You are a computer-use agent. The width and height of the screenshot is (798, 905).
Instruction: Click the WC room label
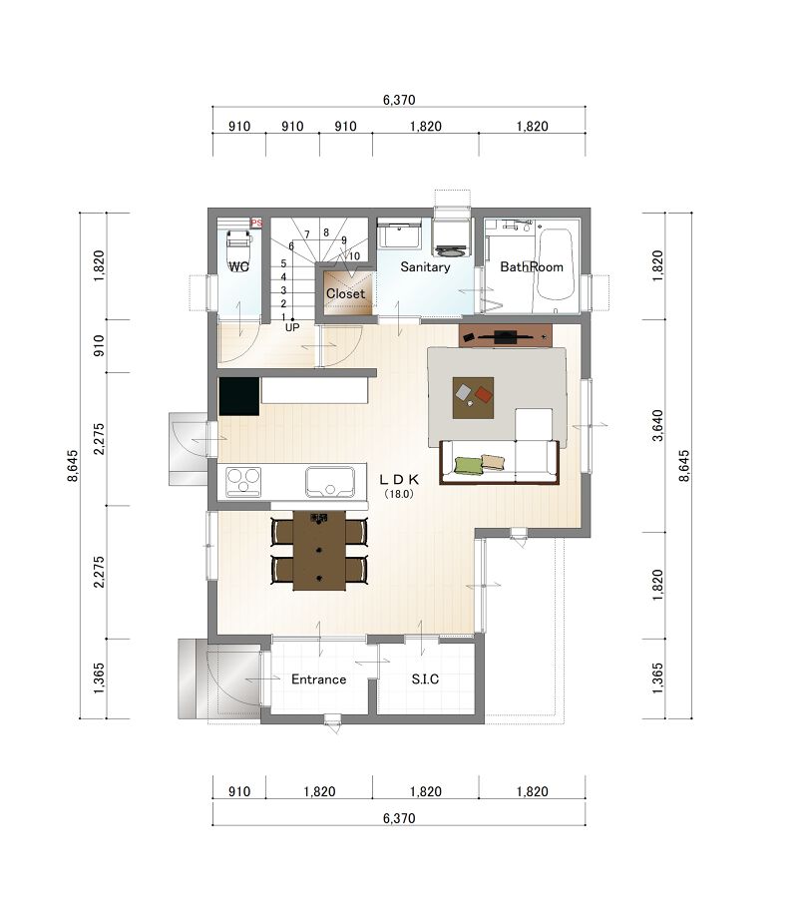(x=238, y=266)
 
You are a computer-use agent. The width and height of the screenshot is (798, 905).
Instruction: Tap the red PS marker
(x=256, y=223)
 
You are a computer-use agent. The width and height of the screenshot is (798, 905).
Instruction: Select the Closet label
(x=345, y=293)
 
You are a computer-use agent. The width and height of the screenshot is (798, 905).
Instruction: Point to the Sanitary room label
(x=425, y=266)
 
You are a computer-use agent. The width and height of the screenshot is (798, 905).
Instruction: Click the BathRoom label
(x=532, y=266)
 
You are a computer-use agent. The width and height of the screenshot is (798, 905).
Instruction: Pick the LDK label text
(x=399, y=479)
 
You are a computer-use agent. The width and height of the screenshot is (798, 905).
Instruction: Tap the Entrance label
(x=318, y=679)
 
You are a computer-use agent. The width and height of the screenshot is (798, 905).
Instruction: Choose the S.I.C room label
(x=425, y=679)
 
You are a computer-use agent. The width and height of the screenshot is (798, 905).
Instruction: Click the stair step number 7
(x=307, y=234)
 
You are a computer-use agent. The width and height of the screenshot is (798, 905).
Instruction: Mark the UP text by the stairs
(x=292, y=327)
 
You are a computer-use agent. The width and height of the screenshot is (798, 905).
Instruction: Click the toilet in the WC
(x=238, y=245)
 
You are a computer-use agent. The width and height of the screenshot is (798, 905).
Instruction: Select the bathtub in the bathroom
(x=557, y=264)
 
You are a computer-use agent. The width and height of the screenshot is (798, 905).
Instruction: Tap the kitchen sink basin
(x=330, y=482)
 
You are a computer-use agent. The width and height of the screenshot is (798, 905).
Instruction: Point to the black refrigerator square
(x=238, y=396)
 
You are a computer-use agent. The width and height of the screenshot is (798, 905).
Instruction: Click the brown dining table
(x=319, y=551)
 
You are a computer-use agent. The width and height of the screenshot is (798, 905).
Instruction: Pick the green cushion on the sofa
(x=469, y=466)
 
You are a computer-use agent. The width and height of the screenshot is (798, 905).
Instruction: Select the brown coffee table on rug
(x=473, y=398)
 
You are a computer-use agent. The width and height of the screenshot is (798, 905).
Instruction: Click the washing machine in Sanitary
(x=450, y=237)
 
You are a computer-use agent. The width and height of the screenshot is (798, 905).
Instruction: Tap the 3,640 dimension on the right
(x=657, y=425)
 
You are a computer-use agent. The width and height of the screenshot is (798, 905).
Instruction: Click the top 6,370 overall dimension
(x=399, y=100)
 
